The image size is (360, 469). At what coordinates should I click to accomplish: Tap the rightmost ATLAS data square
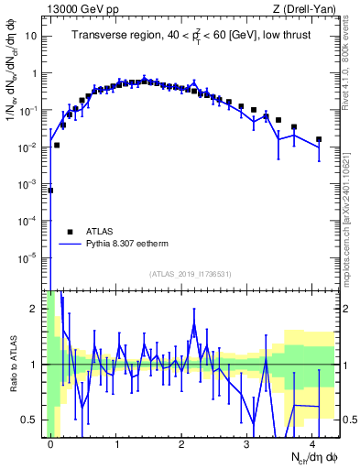pos(318,139)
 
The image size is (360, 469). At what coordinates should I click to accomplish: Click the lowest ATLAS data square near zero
pos(50,191)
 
